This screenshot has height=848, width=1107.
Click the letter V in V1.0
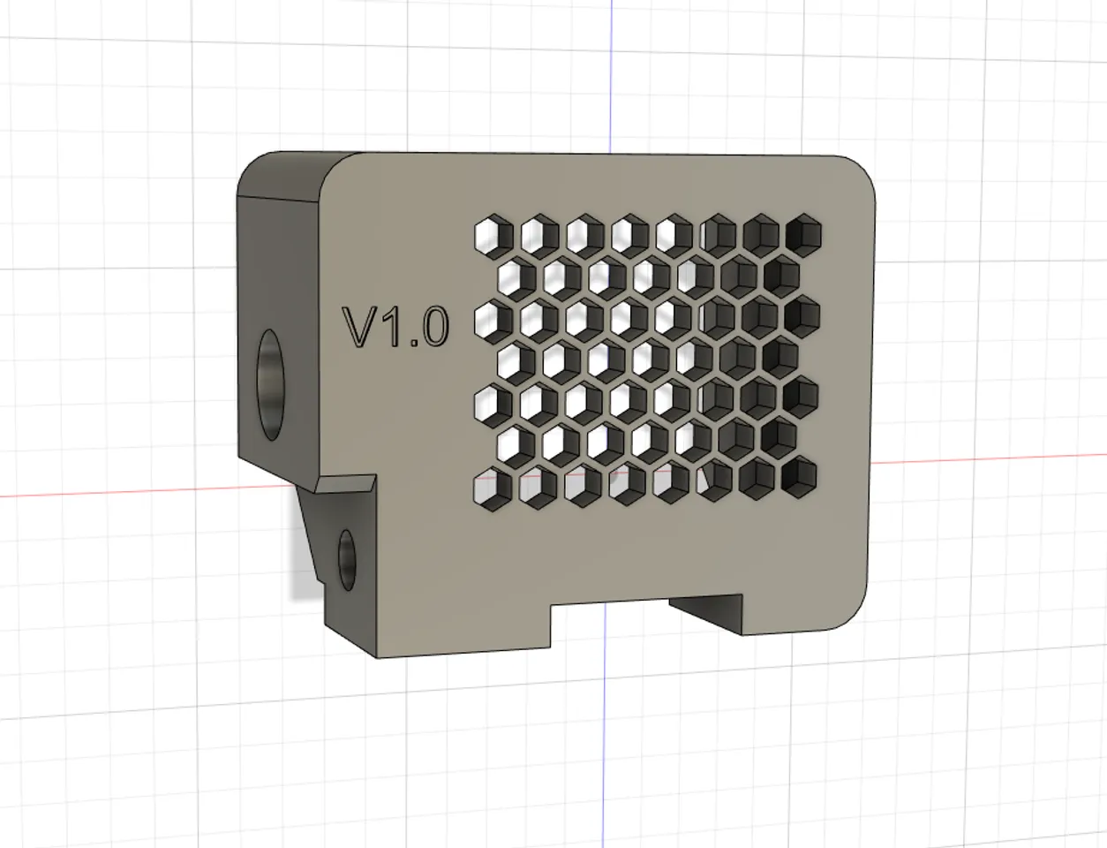tap(360, 327)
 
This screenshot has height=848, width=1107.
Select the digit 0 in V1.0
tap(433, 327)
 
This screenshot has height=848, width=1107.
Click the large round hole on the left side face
tap(272, 375)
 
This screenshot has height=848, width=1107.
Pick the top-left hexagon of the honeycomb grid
tap(491, 235)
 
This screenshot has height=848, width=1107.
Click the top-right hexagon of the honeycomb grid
tap(802, 233)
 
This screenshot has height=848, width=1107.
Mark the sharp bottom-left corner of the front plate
tap(377, 656)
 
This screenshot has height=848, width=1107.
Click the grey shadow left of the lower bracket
tap(302, 565)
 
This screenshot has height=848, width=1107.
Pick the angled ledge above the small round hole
tap(344, 485)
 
